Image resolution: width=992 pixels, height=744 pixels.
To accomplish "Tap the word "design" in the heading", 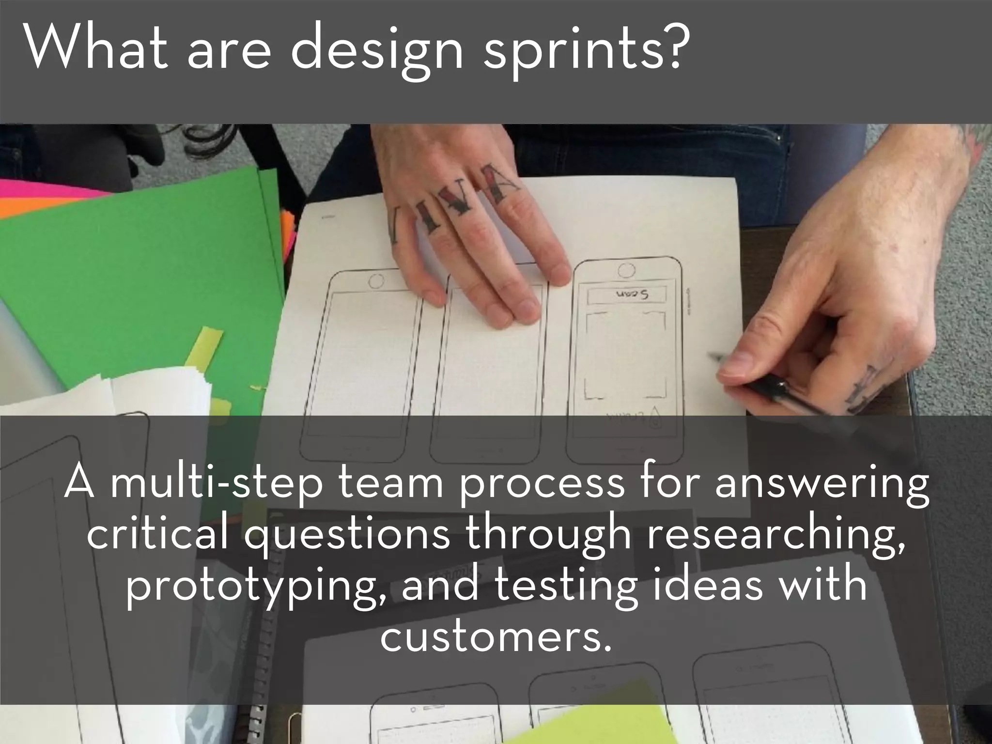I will [376, 54].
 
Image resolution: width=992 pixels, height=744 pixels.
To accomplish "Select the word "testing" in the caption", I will [565, 585].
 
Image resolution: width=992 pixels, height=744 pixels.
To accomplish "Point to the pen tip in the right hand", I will [713, 356].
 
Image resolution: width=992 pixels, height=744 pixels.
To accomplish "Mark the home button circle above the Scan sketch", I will [627, 270].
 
